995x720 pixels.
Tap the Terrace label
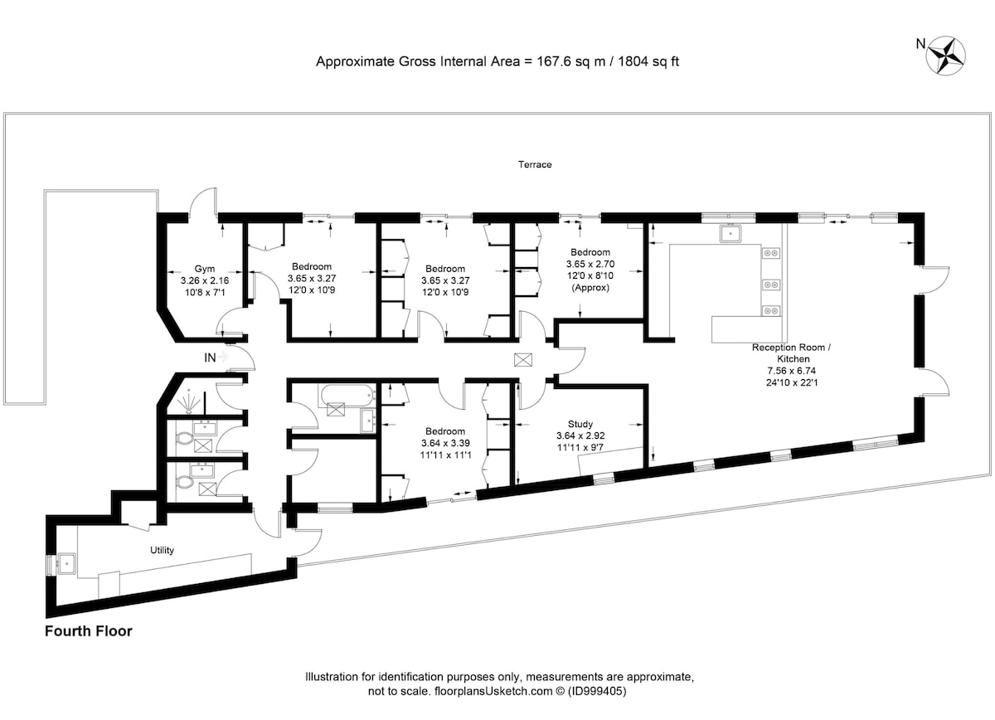(x=535, y=164)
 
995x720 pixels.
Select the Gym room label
(x=204, y=269)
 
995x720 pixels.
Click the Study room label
(x=580, y=424)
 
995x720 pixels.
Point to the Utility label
(x=162, y=550)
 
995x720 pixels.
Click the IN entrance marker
(x=210, y=358)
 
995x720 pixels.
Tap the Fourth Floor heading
(x=89, y=631)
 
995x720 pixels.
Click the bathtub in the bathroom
(x=347, y=396)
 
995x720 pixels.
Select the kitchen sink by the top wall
(x=730, y=233)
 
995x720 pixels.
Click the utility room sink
(x=66, y=564)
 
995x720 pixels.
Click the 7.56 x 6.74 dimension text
(x=791, y=371)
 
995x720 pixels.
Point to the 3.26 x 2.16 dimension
(x=204, y=280)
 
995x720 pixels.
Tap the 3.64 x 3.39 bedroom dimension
(x=445, y=443)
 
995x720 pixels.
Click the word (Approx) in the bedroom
(x=590, y=288)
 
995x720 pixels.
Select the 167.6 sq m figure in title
(x=570, y=61)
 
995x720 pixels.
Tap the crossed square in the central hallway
(x=523, y=359)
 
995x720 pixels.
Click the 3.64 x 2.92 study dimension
(x=580, y=436)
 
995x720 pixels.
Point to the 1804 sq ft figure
(x=648, y=61)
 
